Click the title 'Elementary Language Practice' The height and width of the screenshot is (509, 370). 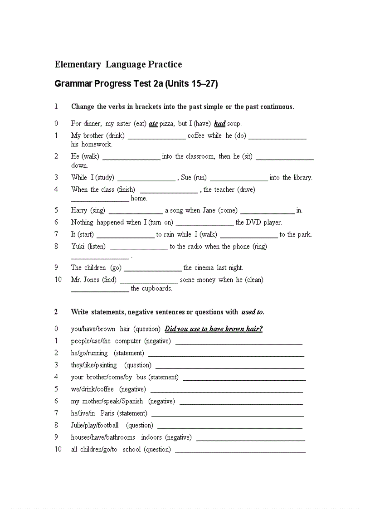(118, 64)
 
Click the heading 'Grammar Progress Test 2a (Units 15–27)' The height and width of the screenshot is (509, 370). (136, 84)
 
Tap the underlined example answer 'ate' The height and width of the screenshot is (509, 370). (153, 123)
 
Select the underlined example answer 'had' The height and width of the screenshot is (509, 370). (219, 123)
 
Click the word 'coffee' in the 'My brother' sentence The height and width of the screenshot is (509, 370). (196, 136)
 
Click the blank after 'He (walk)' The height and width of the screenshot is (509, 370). (131, 157)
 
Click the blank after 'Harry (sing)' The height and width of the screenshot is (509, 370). (136, 211)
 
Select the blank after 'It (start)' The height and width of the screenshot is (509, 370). (126, 236)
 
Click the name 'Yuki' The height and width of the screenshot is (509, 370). (78, 247)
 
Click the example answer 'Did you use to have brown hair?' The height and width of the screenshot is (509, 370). (214, 329)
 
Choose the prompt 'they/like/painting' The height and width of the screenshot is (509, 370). (94, 365)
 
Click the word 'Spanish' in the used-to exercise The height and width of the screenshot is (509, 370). (132, 401)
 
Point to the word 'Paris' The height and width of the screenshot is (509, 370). (107, 413)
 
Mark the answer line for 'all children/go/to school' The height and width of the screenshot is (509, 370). (240, 451)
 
